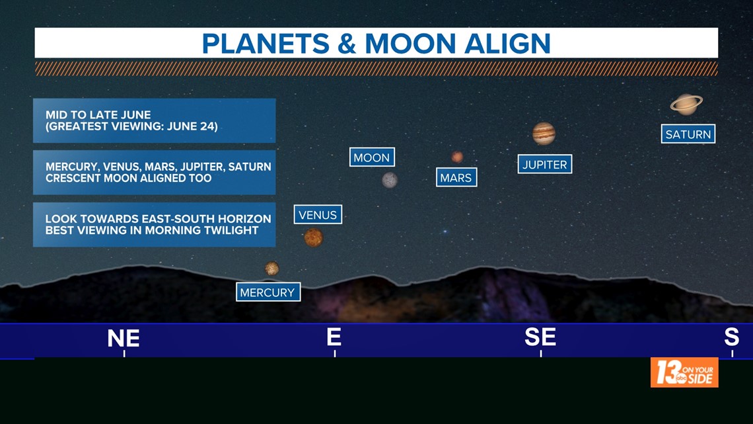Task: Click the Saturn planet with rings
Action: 686,105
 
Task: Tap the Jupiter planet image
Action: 544,134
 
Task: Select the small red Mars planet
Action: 457,157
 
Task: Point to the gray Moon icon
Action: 390,181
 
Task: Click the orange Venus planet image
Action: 314,237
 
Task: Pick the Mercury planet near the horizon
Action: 272,269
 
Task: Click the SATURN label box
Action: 688,134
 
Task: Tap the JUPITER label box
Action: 544,165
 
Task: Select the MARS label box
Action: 456,177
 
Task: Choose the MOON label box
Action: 372,157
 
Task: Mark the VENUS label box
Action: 318,214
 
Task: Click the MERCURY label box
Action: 268,292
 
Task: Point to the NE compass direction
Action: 124,339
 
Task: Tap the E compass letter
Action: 334,337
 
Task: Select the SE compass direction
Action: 540,337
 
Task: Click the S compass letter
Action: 731,337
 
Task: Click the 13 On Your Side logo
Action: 684,372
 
